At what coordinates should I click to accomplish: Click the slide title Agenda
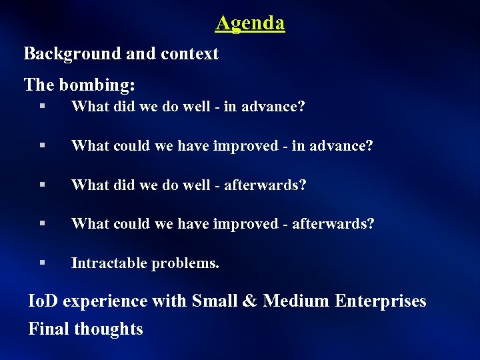click(250, 23)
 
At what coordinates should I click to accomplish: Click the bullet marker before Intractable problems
click(42, 263)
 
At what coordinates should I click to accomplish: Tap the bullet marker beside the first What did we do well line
click(42, 106)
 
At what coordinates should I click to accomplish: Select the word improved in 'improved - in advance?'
click(243, 146)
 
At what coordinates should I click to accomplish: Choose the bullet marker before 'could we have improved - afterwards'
click(42, 223)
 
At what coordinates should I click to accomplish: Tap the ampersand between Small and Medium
click(250, 301)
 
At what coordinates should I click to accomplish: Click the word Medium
click(296, 301)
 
